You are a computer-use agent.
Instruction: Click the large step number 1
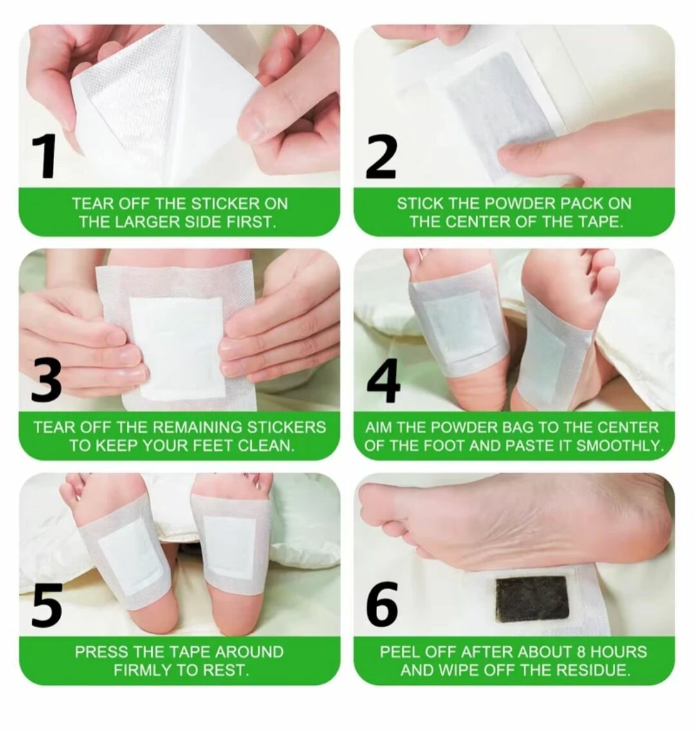pyautogui.click(x=46, y=156)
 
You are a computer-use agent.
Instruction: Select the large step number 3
pyautogui.click(x=46, y=380)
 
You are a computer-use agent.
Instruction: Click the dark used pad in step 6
pyautogui.click(x=532, y=599)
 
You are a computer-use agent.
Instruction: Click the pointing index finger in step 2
pyautogui.click(x=547, y=155)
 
